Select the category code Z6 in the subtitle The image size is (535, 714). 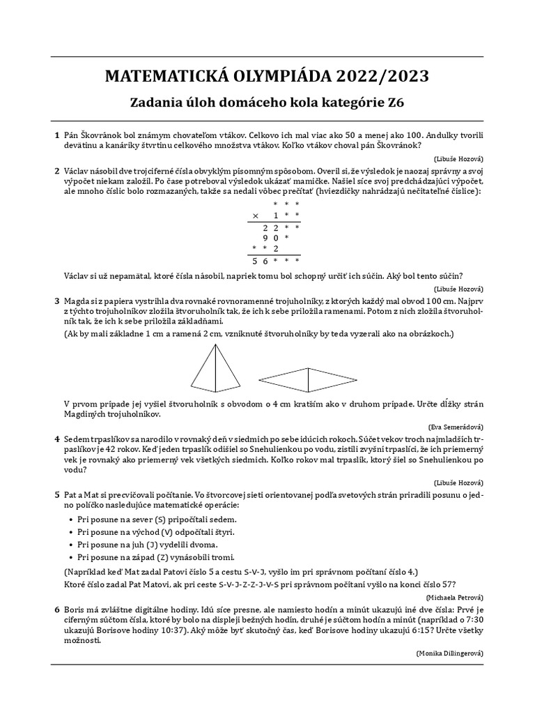pos(395,103)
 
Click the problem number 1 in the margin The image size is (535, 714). pos(56,135)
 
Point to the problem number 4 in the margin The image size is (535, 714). pos(56,439)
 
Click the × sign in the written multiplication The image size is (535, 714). pos(255,215)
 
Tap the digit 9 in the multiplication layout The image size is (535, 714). pos(265,238)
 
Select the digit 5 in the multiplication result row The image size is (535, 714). pos(255,261)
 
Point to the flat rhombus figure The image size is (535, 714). pos(308,379)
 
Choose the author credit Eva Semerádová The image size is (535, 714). pos(456,426)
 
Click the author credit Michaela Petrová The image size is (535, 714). pos(453,598)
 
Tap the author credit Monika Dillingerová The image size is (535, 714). pos(449,653)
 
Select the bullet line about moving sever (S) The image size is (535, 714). pos(157,519)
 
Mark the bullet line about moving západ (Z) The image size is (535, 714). pos(157,557)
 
